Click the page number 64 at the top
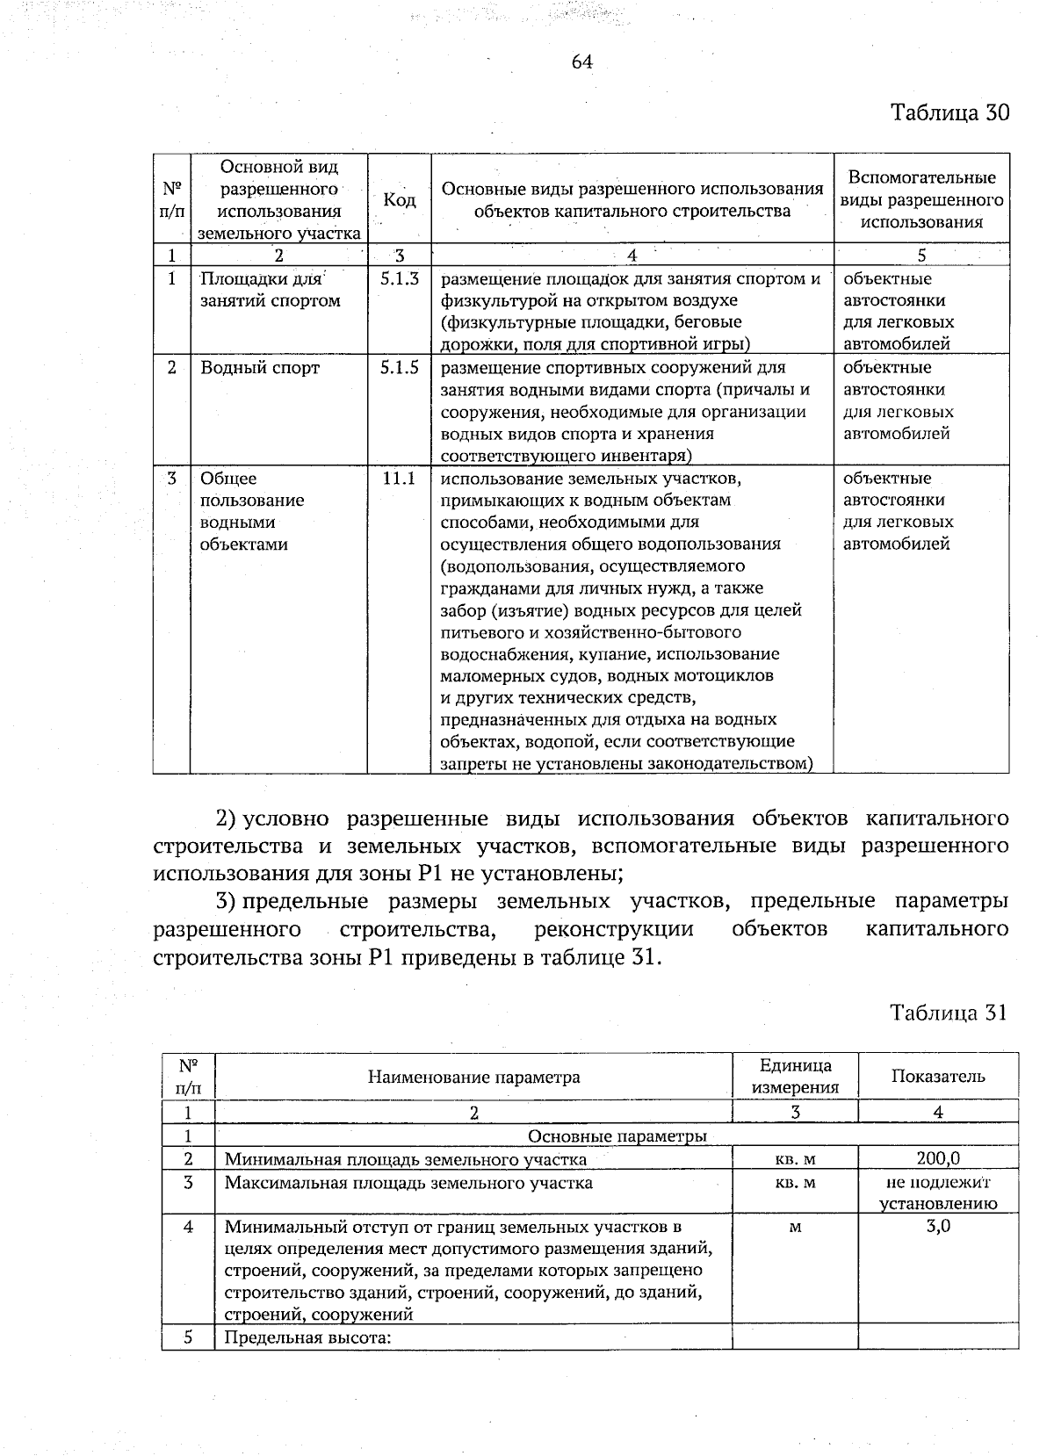(581, 61)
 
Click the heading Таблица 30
(949, 113)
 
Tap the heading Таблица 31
(947, 1013)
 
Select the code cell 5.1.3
(399, 278)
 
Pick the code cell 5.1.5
(399, 367)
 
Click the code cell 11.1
(399, 479)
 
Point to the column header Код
(400, 200)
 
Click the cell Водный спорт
(260, 367)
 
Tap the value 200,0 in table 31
(937, 1159)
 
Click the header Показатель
(937, 1077)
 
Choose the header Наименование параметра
(473, 1077)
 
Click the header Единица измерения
(796, 1077)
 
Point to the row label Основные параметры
(617, 1136)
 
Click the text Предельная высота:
(307, 1338)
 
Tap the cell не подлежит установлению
(937, 1193)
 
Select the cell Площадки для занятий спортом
(269, 290)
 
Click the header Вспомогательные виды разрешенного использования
(920, 200)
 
